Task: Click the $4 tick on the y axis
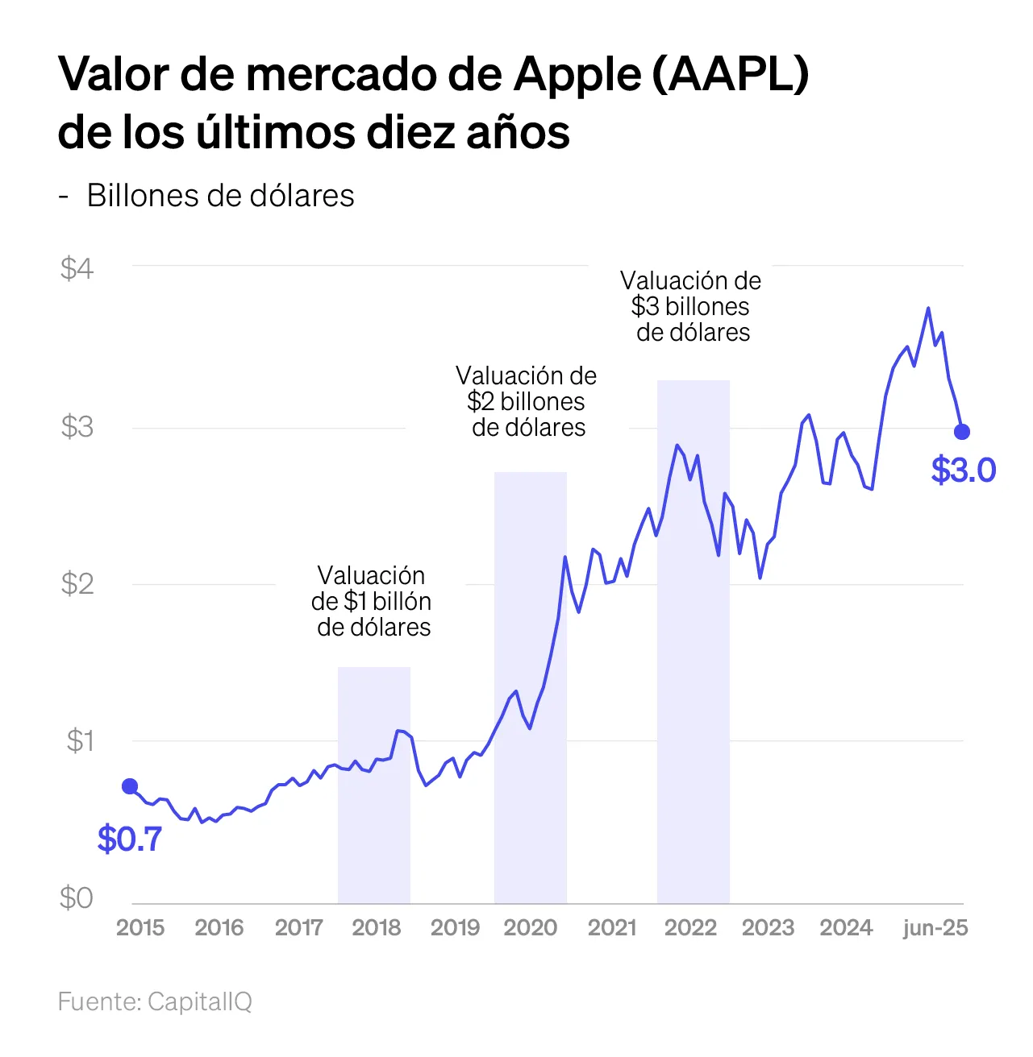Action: pyautogui.click(x=77, y=268)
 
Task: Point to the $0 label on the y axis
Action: pyautogui.click(x=77, y=897)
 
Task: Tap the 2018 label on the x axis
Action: pyautogui.click(x=376, y=927)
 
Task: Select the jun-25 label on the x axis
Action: pyautogui.click(x=935, y=927)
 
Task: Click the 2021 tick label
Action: pyautogui.click(x=612, y=927)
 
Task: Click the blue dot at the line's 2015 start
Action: pyautogui.click(x=130, y=786)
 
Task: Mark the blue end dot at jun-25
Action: pyautogui.click(x=962, y=432)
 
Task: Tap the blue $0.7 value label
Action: pyautogui.click(x=130, y=839)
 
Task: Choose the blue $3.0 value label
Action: pyautogui.click(x=964, y=470)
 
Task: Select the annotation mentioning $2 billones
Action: pyautogui.click(x=527, y=401)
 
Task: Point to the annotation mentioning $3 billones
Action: pyautogui.click(x=691, y=306)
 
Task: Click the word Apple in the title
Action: pyautogui.click(x=577, y=74)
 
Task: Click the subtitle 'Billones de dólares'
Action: pyautogui.click(x=220, y=195)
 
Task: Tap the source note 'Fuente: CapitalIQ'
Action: pyautogui.click(x=155, y=1001)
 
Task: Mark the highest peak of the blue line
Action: pyautogui.click(x=928, y=308)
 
